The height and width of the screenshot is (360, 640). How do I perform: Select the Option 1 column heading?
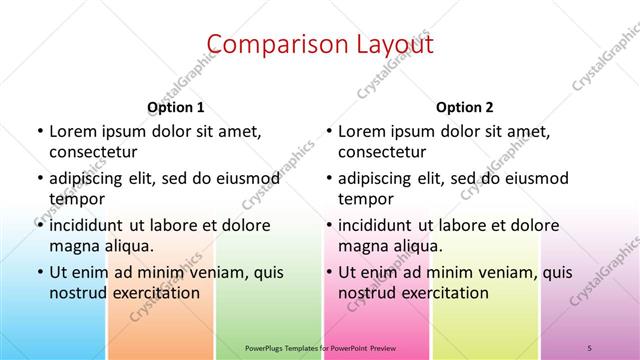pyautogui.click(x=176, y=107)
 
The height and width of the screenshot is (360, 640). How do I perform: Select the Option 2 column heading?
pyautogui.click(x=465, y=107)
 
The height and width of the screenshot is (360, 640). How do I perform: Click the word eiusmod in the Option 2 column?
pyautogui.click(x=535, y=179)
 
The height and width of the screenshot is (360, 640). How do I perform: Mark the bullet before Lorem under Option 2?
pyautogui.click(x=328, y=132)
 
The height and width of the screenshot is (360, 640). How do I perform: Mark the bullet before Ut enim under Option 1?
pyautogui.click(x=39, y=272)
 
